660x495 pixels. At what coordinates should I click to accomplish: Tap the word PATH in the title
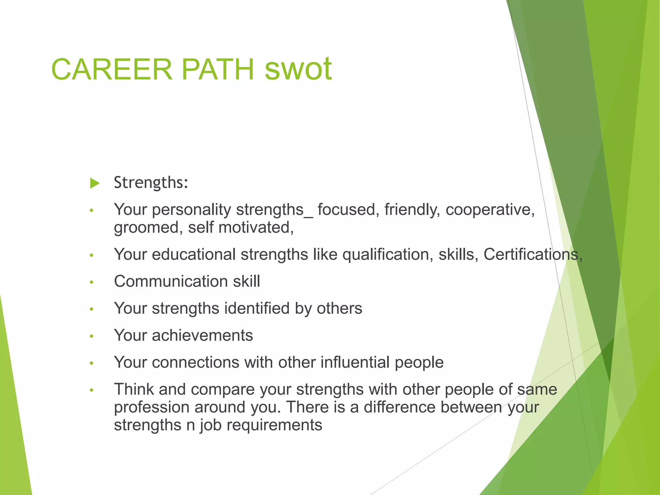click(218, 69)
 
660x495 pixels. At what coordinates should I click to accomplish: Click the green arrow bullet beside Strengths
click(95, 183)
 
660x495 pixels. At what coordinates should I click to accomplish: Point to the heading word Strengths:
click(151, 183)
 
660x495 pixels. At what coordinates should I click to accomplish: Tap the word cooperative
click(490, 210)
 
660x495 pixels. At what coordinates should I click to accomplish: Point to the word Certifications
click(533, 254)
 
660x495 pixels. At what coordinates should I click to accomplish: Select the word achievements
click(202, 335)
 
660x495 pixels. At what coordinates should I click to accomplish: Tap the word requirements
click(274, 425)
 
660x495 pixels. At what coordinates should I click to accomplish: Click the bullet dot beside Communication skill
click(92, 282)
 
